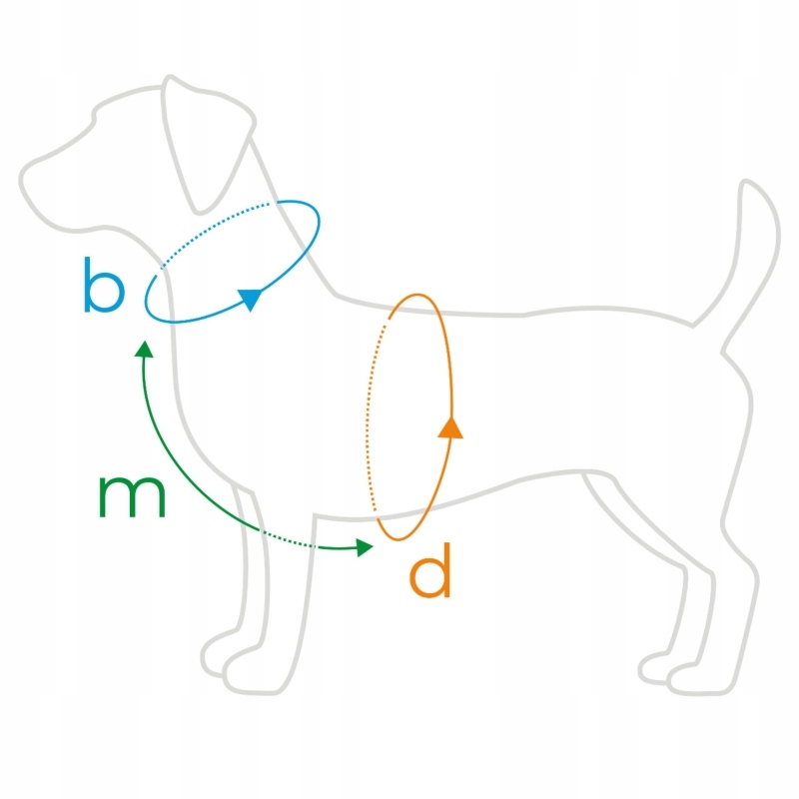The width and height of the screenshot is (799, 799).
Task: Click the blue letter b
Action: coord(104,285)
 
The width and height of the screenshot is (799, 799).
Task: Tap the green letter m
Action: coord(132,496)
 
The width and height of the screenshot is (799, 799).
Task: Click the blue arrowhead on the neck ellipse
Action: coord(250,298)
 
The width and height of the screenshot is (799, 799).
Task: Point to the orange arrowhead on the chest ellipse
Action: coord(450,427)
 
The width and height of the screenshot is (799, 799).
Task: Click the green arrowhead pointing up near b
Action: coord(144,349)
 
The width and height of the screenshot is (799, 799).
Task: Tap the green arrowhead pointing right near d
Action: coord(365,546)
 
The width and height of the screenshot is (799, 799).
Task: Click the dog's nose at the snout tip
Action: coord(24,180)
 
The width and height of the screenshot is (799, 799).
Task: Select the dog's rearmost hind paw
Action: coord(699,679)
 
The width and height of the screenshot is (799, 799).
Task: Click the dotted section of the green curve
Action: coord(300,542)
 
